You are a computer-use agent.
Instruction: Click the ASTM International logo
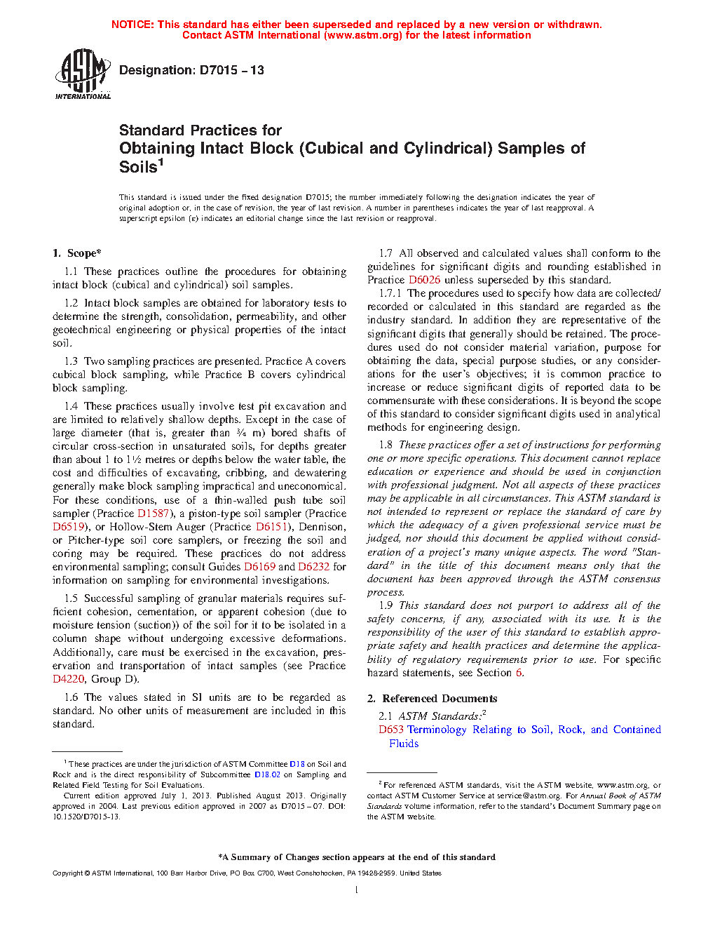tap(83, 74)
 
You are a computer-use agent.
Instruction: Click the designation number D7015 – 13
tap(191, 70)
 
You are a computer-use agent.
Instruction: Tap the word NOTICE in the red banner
tap(132, 25)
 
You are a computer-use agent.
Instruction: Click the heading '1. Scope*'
tap(76, 253)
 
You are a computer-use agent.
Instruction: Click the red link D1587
tap(154, 514)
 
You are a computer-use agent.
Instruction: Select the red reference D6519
tap(69, 527)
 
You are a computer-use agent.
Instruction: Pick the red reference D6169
tap(259, 567)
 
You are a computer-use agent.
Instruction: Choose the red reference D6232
tap(313, 567)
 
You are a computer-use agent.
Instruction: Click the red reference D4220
tap(68, 679)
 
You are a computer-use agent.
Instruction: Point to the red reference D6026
tap(424, 280)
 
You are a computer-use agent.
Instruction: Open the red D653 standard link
tap(391, 730)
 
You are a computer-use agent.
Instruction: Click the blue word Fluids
tap(404, 744)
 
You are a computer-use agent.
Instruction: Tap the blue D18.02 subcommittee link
tap(267, 774)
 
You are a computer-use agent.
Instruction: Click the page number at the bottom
tap(357, 890)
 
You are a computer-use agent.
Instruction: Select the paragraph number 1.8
tap(386, 445)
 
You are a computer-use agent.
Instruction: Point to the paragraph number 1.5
tap(71, 598)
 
